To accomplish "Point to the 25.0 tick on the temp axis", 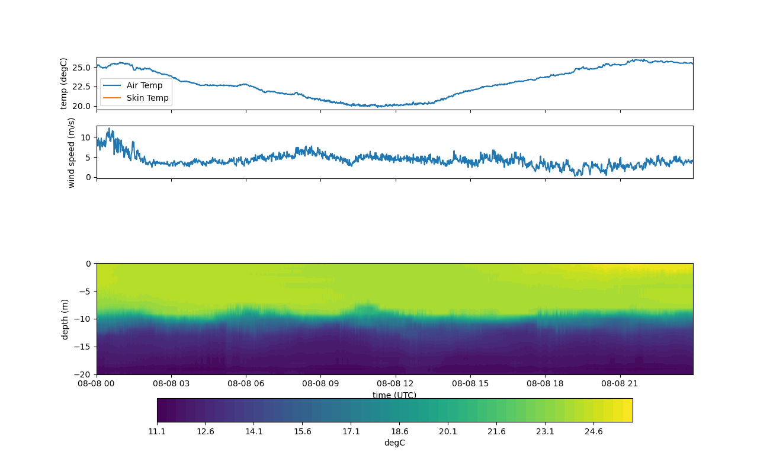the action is pos(82,68).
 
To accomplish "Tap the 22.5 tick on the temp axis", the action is pos(82,87).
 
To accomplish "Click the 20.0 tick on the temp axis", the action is pos(82,106).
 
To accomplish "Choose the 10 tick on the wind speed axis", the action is pos(86,137).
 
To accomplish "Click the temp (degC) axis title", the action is pos(63,84).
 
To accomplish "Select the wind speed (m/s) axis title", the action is pos(71,153).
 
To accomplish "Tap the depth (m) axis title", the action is pos(65,319).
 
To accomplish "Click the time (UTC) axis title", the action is pos(394,395).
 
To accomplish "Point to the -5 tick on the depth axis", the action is pos(85,292).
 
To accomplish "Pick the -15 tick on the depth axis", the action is pos(82,347).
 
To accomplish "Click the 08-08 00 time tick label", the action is pos(96,383).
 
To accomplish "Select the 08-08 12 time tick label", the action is pos(395,383).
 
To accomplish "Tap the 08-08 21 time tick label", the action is pos(620,383).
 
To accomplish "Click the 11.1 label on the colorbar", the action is pos(157,431).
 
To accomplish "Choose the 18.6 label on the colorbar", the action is pos(400,431).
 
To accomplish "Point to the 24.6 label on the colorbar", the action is pos(593,431).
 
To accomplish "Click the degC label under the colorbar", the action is pos(394,443).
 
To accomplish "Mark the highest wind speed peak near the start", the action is pos(110,129).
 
